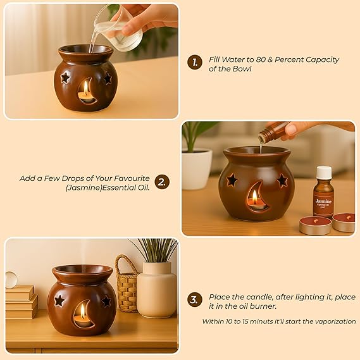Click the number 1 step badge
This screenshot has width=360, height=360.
(194, 62)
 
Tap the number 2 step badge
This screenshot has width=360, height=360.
(163, 182)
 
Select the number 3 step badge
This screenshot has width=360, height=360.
(195, 299)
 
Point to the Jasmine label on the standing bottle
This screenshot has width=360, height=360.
(323, 202)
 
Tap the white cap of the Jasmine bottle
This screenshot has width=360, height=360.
(324, 172)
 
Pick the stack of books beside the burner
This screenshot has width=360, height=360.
(20, 302)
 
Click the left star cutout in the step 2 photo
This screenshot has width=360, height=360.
(232, 180)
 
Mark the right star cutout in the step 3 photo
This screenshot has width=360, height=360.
(106, 301)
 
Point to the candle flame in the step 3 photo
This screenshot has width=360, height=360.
(82, 310)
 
